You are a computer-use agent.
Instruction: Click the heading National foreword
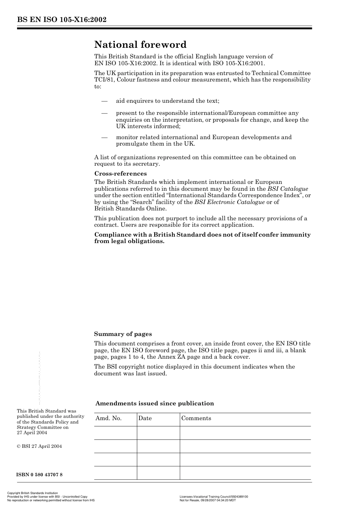pos(140,45)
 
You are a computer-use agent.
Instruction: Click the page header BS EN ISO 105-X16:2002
pos(61,20)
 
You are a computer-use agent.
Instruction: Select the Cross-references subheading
pos(120,174)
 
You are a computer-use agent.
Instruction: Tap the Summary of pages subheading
pos(123,334)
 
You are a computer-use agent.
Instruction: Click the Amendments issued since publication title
pos(155,403)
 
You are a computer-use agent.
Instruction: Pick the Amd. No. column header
pos(108,418)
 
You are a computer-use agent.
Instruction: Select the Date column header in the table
pos(145,418)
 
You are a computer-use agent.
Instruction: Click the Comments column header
pos(196,418)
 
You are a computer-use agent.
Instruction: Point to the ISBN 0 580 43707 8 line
pos(39,475)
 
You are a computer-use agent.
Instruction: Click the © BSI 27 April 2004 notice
pos(39,446)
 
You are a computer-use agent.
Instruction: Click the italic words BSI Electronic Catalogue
pos(229,202)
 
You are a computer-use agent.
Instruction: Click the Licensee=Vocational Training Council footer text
pos(213,496)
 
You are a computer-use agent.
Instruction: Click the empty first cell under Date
pos(158,433)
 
